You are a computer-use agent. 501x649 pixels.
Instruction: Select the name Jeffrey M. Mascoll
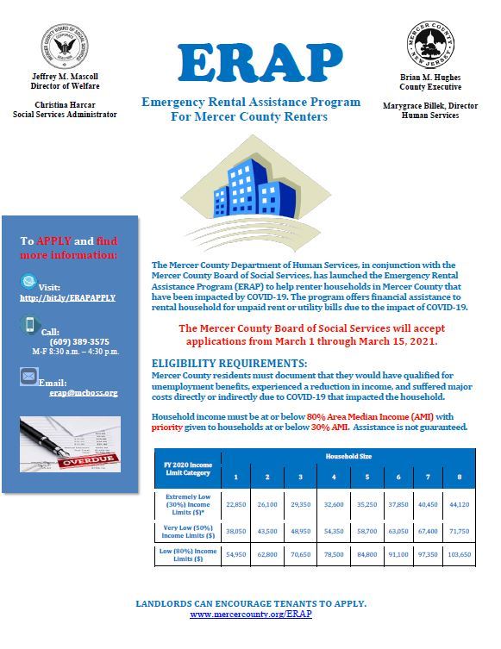(x=66, y=77)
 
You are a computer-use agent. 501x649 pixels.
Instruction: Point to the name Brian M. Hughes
(x=431, y=77)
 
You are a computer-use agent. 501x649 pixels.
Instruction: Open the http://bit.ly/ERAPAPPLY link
(x=66, y=297)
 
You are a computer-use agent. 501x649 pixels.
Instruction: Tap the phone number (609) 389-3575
(x=75, y=341)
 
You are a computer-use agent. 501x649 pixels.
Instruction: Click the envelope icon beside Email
(x=28, y=378)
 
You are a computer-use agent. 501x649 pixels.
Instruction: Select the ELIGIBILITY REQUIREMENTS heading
(x=229, y=364)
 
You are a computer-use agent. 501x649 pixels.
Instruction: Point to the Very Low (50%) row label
(x=187, y=531)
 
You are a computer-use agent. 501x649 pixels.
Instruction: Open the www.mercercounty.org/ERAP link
(x=250, y=615)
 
